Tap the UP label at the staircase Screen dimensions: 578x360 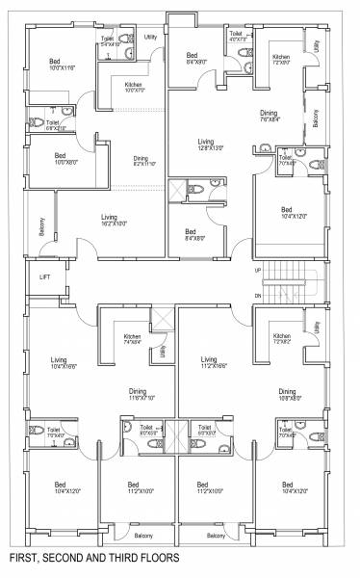(x=257, y=271)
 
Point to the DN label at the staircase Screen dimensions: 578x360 (x=257, y=296)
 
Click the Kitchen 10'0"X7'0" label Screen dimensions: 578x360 (x=134, y=88)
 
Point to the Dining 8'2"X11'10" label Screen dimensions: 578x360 (x=141, y=161)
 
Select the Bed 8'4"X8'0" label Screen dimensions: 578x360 (x=191, y=234)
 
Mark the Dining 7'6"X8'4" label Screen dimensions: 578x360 (x=269, y=117)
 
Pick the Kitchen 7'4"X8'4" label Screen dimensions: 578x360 (x=133, y=339)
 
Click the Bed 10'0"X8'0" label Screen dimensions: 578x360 (x=60, y=158)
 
